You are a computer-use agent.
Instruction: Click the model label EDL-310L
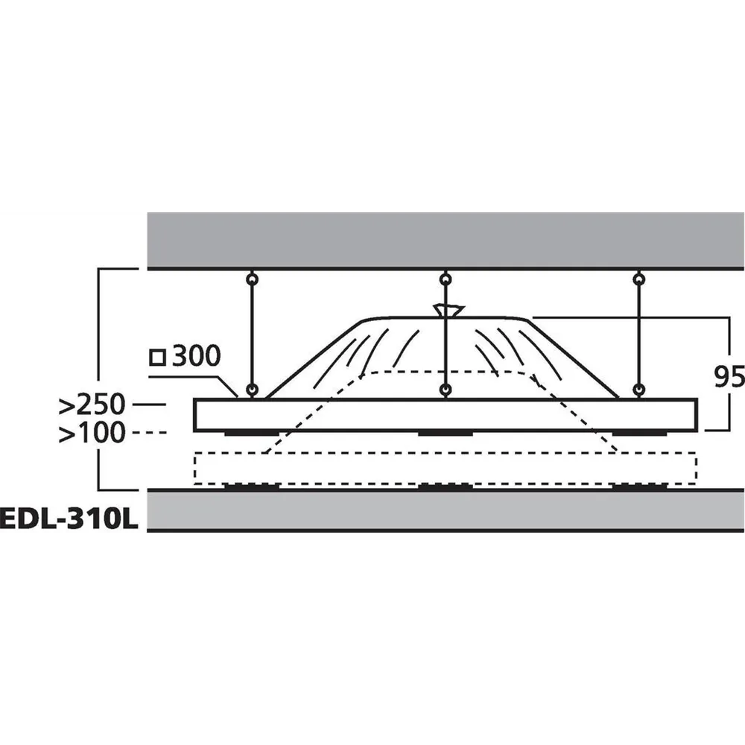pos(69,519)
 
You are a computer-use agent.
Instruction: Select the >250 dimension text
pos(92,405)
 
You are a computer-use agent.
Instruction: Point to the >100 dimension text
pos(92,433)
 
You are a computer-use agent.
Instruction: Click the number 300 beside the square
pos(196,355)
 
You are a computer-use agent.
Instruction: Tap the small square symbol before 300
pos(157,358)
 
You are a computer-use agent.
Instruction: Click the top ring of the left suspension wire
pos(253,279)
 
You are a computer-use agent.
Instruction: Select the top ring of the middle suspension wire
pos(446,279)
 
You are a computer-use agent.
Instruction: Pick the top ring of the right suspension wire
pos(639,279)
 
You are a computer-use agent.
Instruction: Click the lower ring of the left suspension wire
pos(253,390)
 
